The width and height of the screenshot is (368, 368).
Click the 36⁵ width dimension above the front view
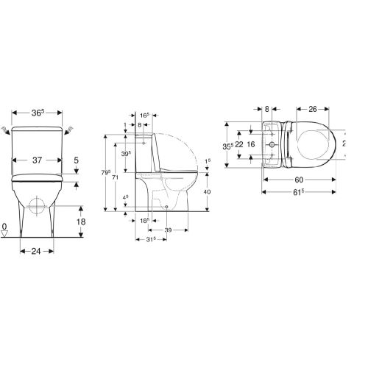pyautogui.click(x=38, y=113)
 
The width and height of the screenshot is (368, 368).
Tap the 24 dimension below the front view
pyautogui.click(x=35, y=251)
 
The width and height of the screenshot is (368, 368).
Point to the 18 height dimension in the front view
pyautogui.click(x=82, y=220)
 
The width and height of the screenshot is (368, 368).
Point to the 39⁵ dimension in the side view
pyautogui.click(x=127, y=153)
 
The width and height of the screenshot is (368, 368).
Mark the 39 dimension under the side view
pyautogui.click(x=169, y=230)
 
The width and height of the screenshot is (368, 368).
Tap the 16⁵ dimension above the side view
pyautogui.click(x=144, y=116)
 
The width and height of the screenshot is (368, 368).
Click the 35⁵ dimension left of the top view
pyautogui.click(x=230, y=145)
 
